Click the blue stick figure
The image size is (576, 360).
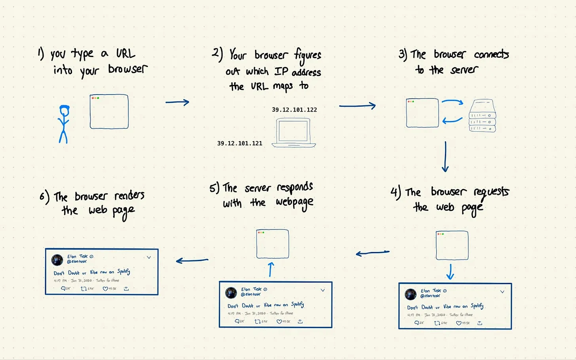point(63,123)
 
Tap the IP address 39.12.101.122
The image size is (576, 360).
point(294,110)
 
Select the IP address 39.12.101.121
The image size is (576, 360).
point(240,144)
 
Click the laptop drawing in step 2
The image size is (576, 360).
point(294,133)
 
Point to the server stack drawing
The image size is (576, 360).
point(482,116)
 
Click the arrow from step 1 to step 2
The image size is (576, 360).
point(177,102)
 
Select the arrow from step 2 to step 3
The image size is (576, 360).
point(357,106)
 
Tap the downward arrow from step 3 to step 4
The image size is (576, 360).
point(445,157)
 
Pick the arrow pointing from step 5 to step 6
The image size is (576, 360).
point(192,260)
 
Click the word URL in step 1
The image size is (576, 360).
point(126,54)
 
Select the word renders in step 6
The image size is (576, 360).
point(129,195)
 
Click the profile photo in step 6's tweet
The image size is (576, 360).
point(57,260)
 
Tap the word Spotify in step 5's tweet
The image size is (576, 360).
point(297,304)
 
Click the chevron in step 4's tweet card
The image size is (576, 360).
point(502,292)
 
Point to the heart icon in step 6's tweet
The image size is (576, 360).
point(105,289)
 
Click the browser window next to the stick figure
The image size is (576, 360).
point(109,112)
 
